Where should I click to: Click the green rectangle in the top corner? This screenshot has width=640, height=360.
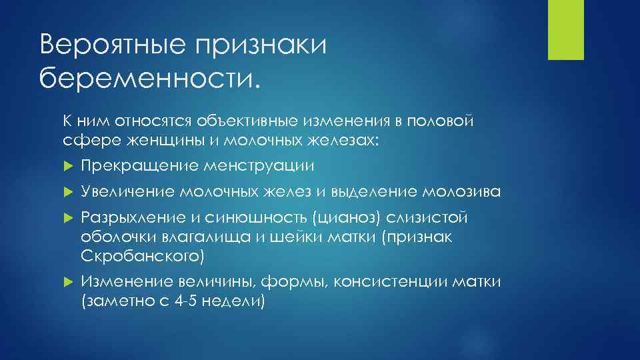click(565, 29)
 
